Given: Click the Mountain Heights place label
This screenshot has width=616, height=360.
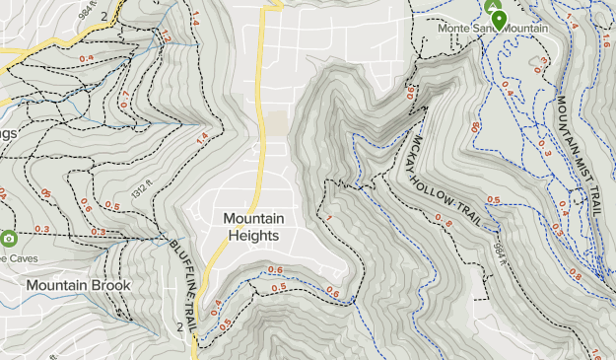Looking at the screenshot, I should tap(253, 227).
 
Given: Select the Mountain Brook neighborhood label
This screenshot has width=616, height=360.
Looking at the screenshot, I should tap(79, 285).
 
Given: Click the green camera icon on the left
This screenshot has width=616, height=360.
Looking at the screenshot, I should tap(9, 238).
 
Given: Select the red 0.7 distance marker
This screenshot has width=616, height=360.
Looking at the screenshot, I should tap(124, 100).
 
